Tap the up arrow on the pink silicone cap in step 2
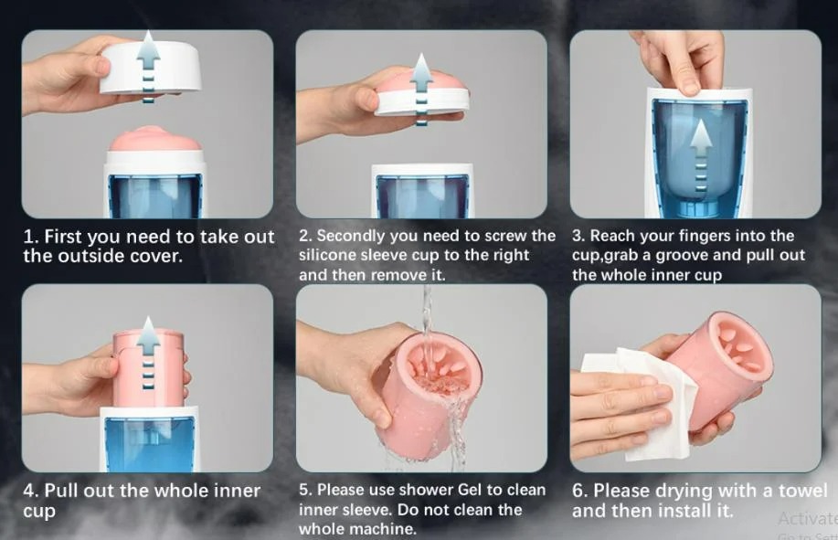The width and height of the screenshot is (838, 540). click(421, 89)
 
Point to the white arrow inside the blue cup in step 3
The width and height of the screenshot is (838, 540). click(700, 156)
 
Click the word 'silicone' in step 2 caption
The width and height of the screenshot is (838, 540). click(332, 255)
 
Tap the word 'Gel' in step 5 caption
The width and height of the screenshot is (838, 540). click(470, 490)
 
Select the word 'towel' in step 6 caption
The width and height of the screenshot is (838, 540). click(802, 491)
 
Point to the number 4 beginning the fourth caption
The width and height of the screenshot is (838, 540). click(28, 491)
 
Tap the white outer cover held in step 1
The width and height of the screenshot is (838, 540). click(152, 67)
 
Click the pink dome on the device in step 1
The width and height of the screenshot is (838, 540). click(155, 139)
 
